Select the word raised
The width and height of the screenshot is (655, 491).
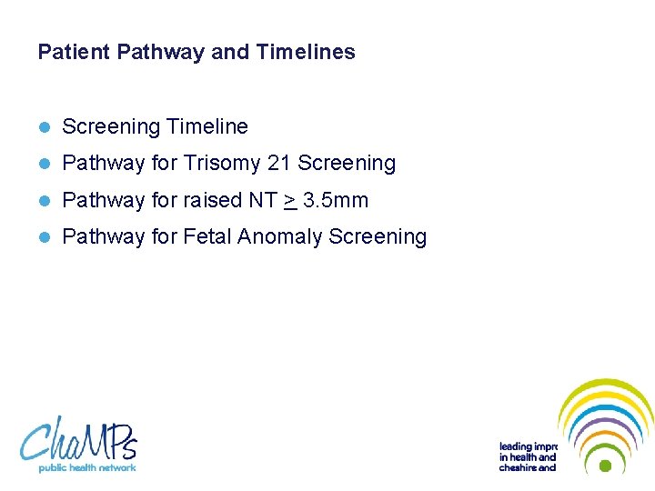click(215, 200)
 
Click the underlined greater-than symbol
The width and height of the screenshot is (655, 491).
click(289, 200)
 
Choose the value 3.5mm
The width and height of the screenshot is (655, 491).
click(336, 200)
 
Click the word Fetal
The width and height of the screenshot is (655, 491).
click(207, 236)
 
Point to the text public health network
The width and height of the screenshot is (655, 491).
click(86, 467)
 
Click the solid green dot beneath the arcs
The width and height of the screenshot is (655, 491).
click(605, 465)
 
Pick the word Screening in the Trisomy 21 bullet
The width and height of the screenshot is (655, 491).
click(347, 164)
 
